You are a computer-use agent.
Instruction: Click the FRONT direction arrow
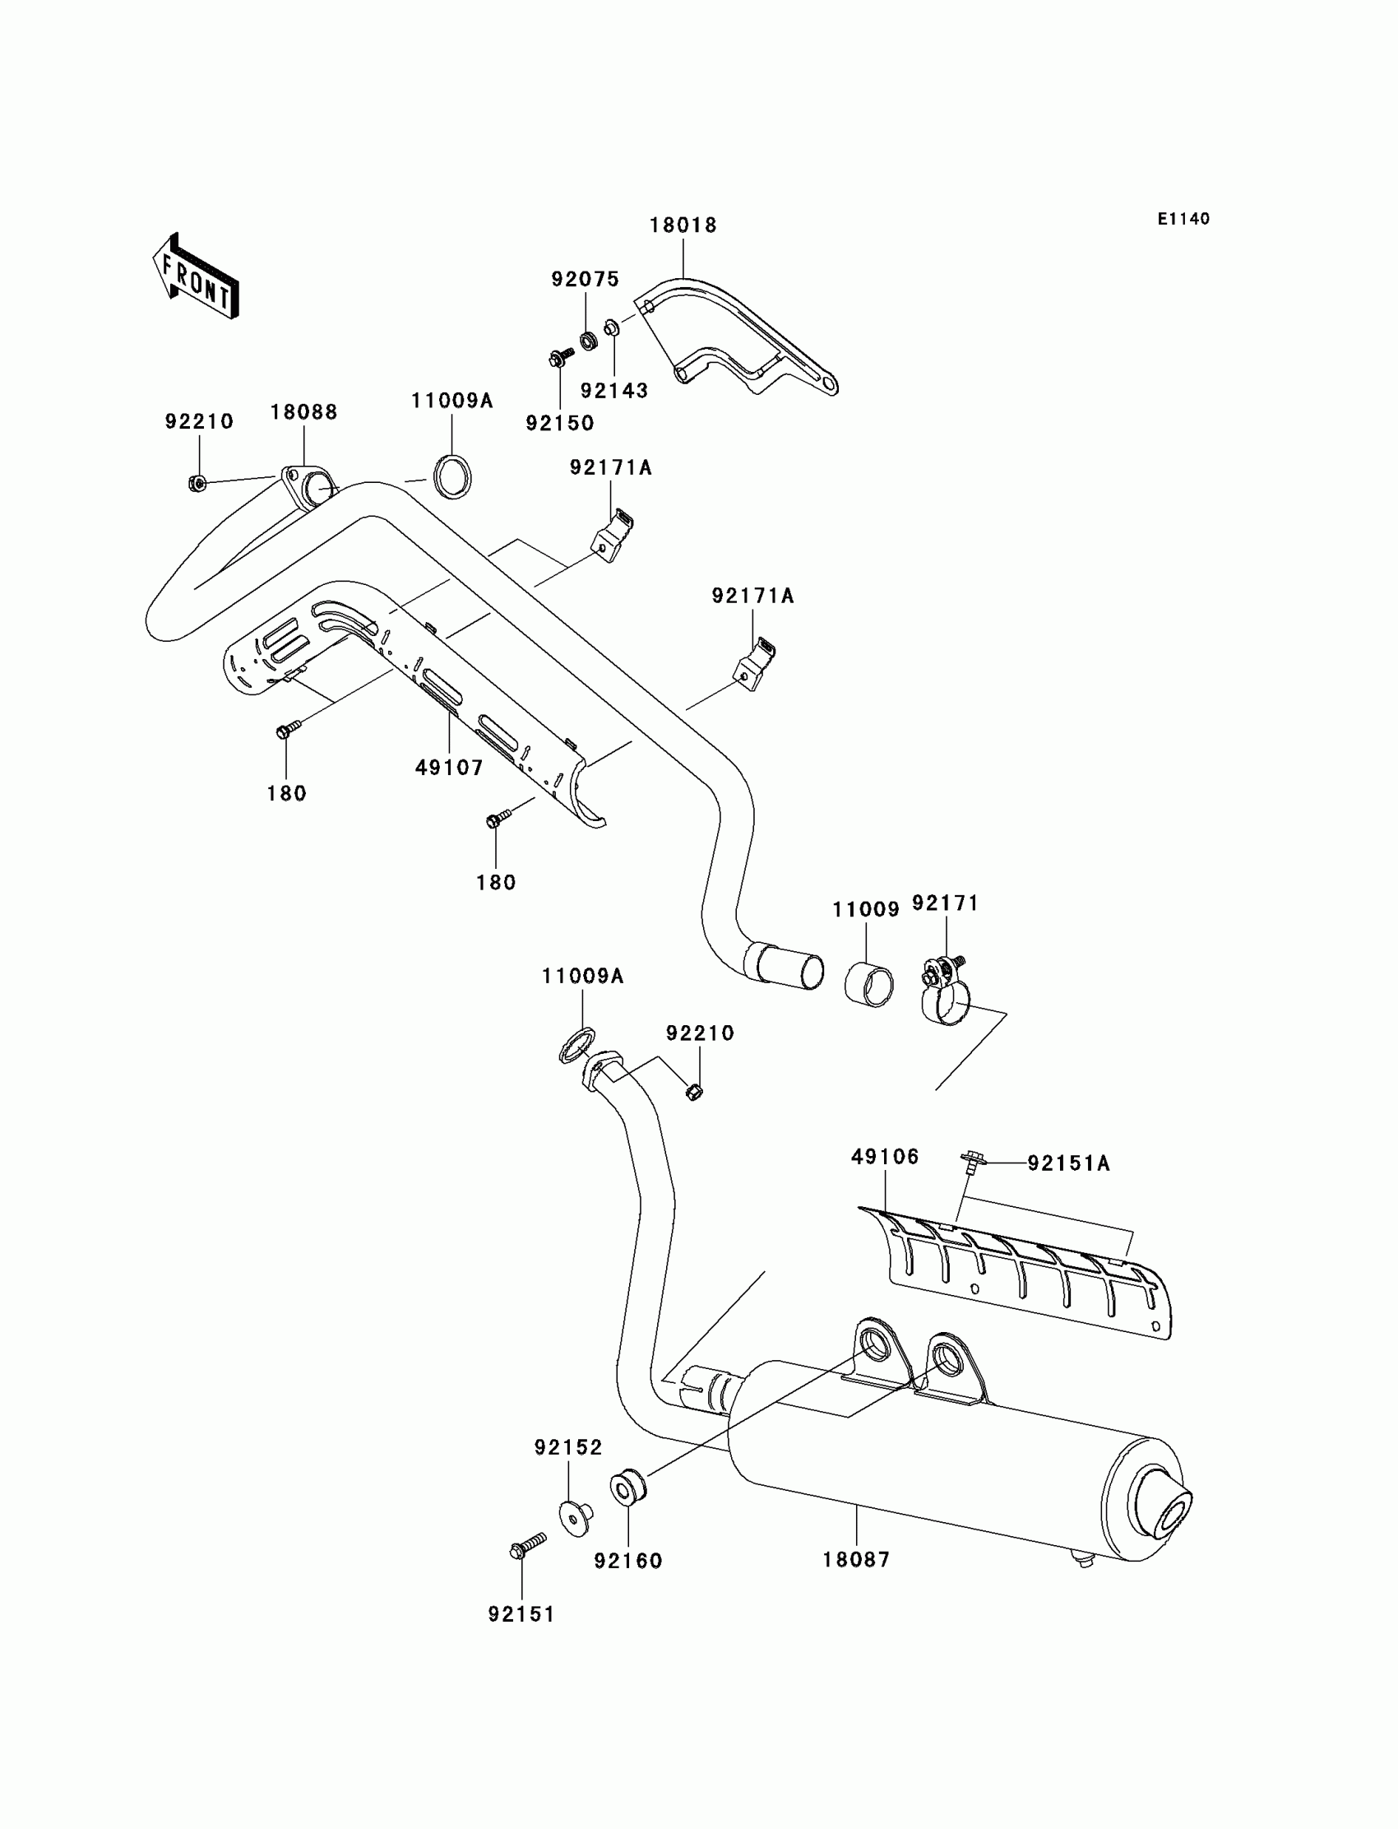[x=197, y=277]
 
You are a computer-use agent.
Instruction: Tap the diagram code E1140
[x=1183, y=219]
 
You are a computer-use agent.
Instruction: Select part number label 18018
[x=683, y=225]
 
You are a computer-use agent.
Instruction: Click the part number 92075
[x=585, y=280]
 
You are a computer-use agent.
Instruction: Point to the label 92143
[x=614, y=391]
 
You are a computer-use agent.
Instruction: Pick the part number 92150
[x=560, y=423]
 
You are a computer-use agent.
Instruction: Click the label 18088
[x=303, y=412]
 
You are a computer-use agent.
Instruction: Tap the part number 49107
[x=449, y=768]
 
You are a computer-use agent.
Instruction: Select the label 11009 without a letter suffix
[x=865, y=910]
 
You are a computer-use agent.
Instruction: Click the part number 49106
[x=885, y=1156]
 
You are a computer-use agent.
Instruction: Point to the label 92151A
[x=1068, y=1163]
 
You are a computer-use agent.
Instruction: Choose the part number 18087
[x=856, y=1559]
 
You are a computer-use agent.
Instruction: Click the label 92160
[x=628, y=1561]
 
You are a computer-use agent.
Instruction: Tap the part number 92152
[x=568, y=1448]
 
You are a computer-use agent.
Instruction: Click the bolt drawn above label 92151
[x=527, y=1546]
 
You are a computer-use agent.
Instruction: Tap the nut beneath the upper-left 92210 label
[x=198, y=482]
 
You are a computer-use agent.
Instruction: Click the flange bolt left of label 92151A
[x=971, y=1160]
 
